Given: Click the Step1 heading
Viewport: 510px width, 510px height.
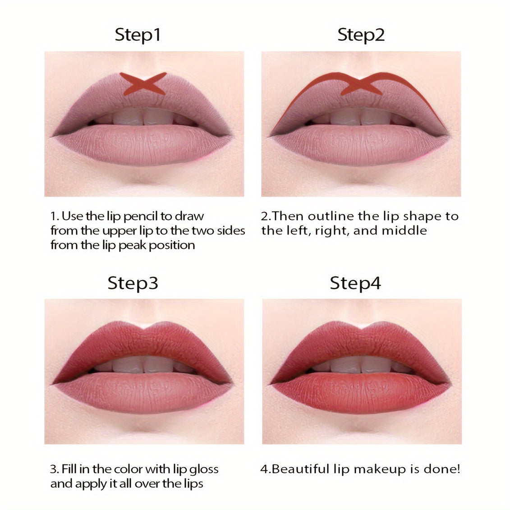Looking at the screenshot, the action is [138, 35].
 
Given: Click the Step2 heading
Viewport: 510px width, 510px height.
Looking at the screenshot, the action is [361, 35].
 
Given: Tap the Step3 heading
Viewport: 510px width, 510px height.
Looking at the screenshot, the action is [133, 283].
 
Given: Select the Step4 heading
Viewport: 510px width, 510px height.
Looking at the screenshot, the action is [355, 283].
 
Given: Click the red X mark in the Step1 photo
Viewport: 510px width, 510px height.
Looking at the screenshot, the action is [143, 83].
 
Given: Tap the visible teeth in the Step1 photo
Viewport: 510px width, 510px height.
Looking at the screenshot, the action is [144, 117].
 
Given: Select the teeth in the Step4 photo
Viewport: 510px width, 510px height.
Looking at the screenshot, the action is [361, 365].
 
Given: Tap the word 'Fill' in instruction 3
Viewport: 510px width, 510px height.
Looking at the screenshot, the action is [69, 469].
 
